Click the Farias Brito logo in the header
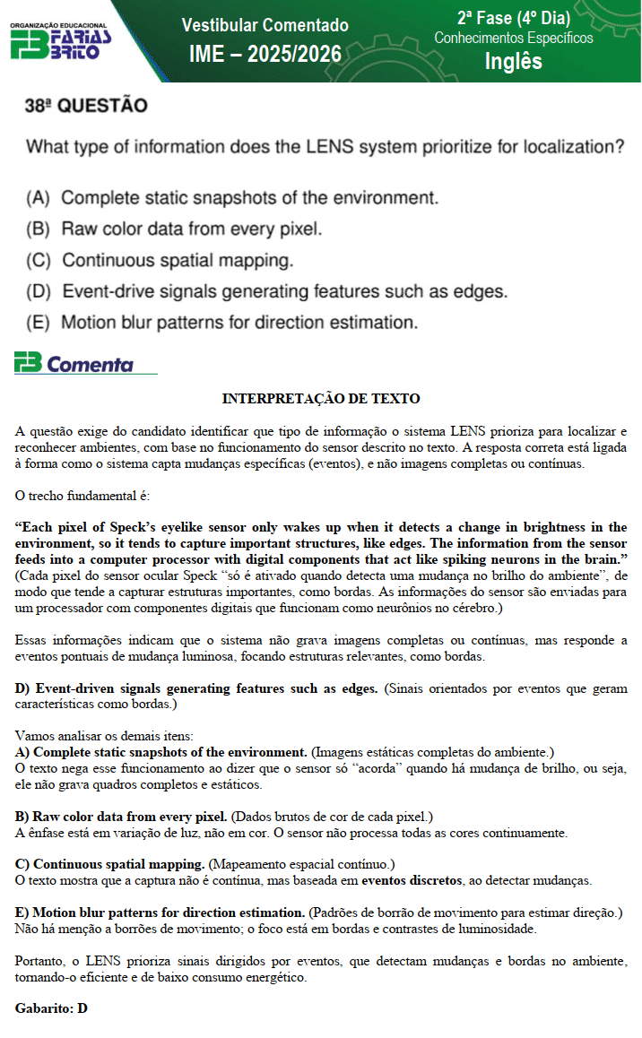coord(61,40)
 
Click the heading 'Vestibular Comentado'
coord(265,25)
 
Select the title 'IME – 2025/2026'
coord(265,54)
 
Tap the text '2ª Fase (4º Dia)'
coord(513,18)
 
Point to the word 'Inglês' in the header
coord(513,61)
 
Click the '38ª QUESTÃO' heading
coord(86,106)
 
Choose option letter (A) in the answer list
coord(38,197)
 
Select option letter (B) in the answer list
coord(38,229)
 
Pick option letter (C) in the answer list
coord(38,261)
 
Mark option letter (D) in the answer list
coord(38,291)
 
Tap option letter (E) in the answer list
coord(38,322)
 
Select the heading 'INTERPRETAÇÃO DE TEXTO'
coord(321,398)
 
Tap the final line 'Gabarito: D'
coord(51,1008)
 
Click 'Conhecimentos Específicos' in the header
coord(513,38)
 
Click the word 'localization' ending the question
coord(568,146)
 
